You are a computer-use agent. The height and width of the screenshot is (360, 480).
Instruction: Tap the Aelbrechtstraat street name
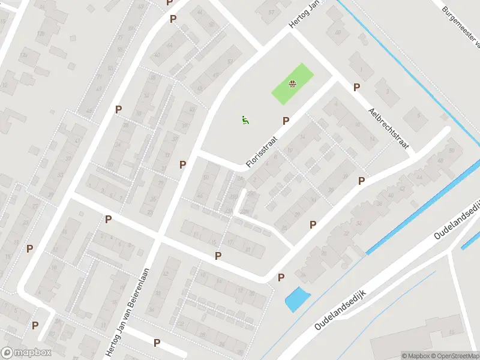389,128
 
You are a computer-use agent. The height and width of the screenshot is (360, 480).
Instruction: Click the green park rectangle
293,84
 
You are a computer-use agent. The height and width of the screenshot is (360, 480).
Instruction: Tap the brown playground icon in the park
292,84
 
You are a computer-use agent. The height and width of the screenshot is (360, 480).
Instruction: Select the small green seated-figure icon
244,120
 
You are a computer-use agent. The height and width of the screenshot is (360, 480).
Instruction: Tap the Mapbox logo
26,353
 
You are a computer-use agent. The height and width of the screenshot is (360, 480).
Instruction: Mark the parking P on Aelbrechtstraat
356,88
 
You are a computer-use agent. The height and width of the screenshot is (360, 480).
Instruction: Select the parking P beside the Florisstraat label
286,121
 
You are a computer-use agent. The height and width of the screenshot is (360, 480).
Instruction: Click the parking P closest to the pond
281,277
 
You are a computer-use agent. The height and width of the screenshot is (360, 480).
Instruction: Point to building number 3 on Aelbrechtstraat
388,92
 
